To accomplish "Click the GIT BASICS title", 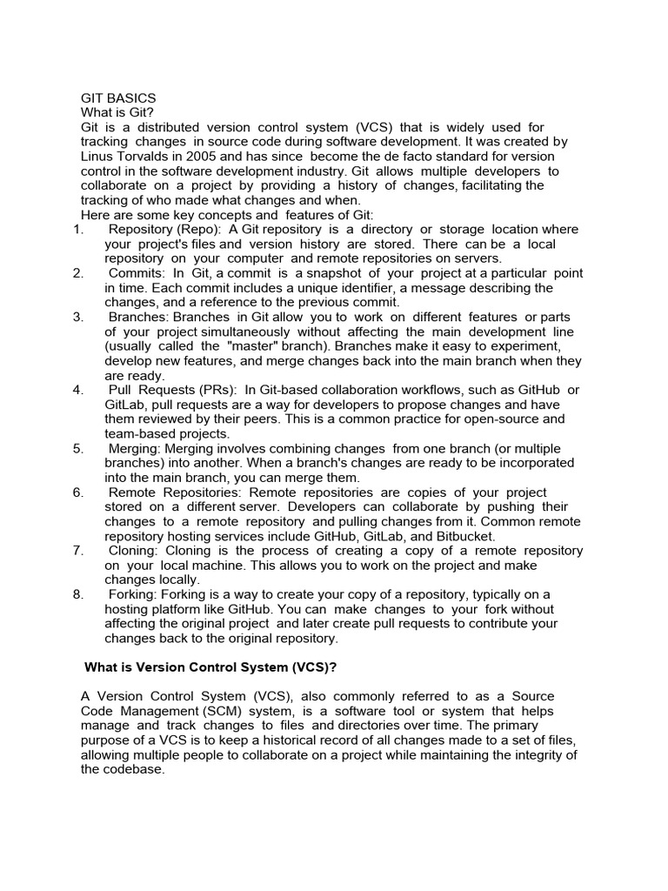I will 118,98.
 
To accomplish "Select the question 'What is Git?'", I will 117,113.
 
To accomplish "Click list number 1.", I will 77,230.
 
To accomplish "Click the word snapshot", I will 334,273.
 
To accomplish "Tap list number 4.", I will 77,390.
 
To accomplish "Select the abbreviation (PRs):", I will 210,390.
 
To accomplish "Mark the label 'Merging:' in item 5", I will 137,449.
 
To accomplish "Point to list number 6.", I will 77,492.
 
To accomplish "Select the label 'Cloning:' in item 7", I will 137,551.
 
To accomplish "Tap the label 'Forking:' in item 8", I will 134,594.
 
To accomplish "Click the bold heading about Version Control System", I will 210,668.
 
